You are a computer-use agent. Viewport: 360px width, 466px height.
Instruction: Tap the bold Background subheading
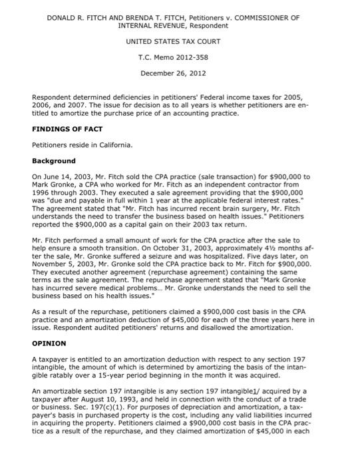54,160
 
